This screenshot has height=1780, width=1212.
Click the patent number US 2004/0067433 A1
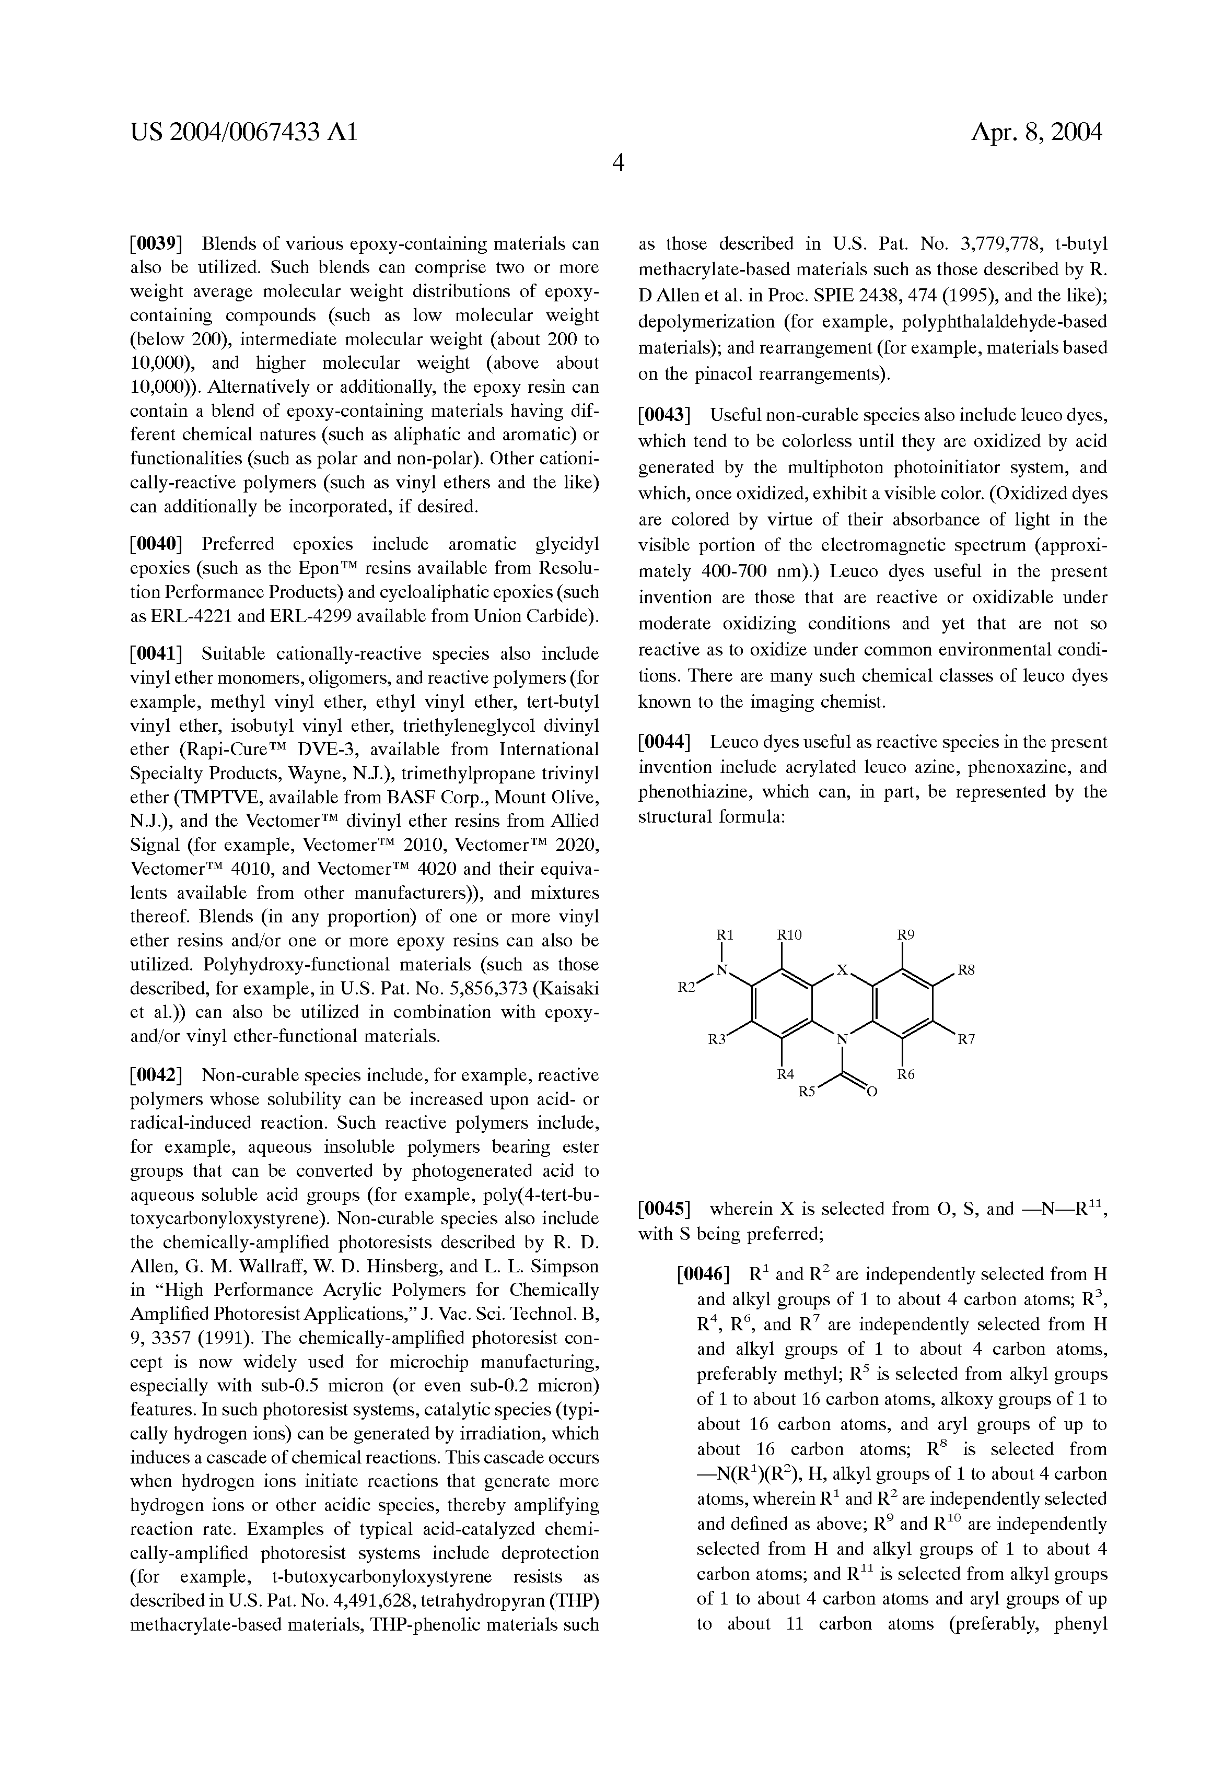click(x=243, y=133)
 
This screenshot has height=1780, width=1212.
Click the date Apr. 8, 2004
click(x=1036, y=133)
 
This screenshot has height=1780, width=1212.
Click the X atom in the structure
click(x=842, y=970)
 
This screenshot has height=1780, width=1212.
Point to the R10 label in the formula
click(x=788, y=935)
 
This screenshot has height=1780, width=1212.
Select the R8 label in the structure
click(x=966, y=970)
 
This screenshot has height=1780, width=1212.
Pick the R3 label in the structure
click(x=716, y=1040)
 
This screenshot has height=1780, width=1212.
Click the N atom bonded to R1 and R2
click(x=721, y=970)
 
